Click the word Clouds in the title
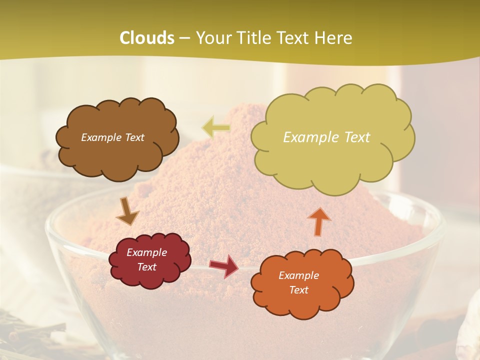[x=147, y=38]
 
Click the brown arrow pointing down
[x=127, y=212]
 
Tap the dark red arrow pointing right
[x=224, y=265]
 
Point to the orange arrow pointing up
[x=319, y=221]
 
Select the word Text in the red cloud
[x=147, y=267]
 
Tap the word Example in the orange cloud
[x=298, y=275]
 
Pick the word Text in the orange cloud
[x=298, y=290]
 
